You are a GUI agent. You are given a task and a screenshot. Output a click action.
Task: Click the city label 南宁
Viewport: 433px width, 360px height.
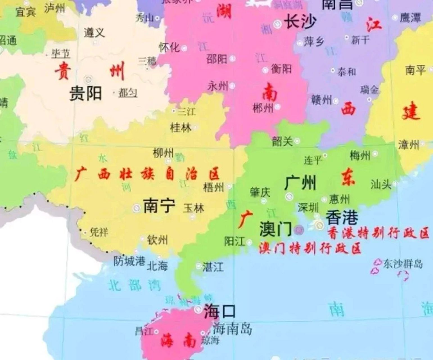click(x=159, y=206)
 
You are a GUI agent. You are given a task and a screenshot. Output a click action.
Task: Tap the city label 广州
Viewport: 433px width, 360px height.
click(x=300, y=183)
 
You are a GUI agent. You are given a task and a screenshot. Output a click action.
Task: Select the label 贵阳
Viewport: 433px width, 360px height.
click(x=85, y=93)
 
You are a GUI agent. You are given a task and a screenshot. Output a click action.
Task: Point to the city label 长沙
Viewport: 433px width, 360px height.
click(x=300, y=22)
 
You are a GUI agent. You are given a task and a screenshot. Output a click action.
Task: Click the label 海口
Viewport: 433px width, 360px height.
click(x=220, y=311)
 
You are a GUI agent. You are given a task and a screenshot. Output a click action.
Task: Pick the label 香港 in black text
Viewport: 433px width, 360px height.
click(x=342, y=217)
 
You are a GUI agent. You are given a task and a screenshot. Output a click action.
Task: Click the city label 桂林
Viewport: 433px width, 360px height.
click(x=181, y=128)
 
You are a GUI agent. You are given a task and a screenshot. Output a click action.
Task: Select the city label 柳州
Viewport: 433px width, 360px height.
click(x=163, y=153)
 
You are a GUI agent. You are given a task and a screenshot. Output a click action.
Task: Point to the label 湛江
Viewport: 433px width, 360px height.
click(x=213, y=266)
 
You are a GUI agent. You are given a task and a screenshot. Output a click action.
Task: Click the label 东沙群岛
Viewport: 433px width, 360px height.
click(x=403, y=264)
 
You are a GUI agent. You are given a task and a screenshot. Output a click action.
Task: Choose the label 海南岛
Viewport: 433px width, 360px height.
click(x=232, y=328)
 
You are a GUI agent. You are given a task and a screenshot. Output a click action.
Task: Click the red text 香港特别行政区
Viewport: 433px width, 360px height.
click(x=378, y=233)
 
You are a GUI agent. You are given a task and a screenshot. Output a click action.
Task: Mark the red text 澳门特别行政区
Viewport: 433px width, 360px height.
click(x=310, y=248)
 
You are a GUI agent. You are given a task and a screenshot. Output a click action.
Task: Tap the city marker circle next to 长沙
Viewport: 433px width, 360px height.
click(x=278, y=24)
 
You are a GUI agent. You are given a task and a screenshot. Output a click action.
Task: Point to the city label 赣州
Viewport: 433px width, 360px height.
click(x=321, y=100)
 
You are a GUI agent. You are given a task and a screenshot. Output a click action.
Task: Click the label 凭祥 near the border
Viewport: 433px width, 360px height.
click(x=99, y=232)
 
